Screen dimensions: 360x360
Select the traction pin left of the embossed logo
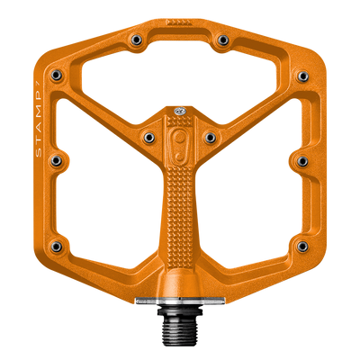pyautogui.click(x=148, y=136)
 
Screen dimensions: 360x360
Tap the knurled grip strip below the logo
pyautogui.click(x=179, y=216)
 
